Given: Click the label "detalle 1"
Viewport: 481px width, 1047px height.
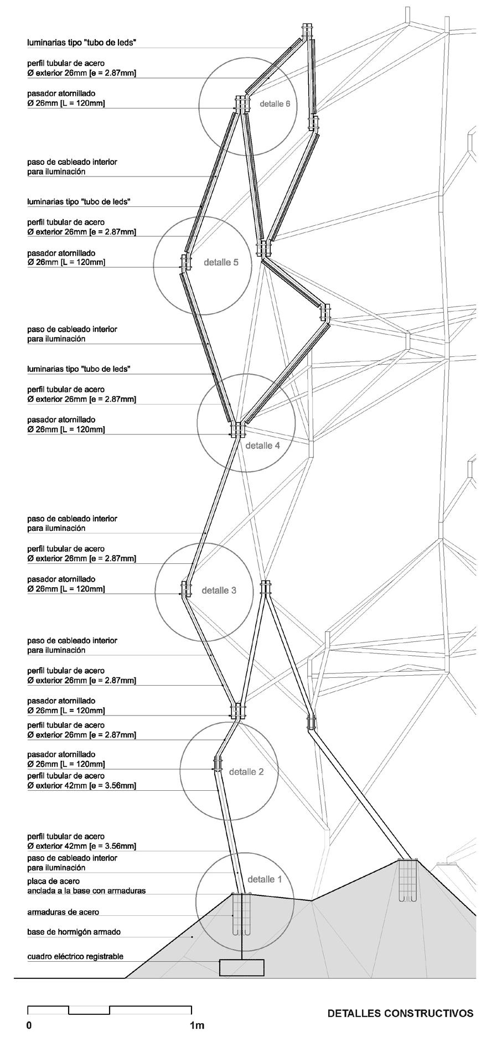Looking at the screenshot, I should (x=264, y=879).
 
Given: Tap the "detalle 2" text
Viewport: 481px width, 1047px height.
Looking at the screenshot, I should (x=246, y=771).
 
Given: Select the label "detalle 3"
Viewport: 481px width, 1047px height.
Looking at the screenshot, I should (x=219, y=590).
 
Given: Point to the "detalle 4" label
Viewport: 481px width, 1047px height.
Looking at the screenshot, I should (x=262, y=445).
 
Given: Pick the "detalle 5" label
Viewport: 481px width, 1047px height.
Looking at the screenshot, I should (x=221, y=262).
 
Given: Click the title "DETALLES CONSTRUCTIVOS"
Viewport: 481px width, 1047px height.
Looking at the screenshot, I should (x=400, y=1013).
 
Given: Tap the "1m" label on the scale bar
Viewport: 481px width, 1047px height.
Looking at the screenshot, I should (x=196, y=1025).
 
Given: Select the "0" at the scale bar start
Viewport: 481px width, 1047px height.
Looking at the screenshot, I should (x=29, y=1025).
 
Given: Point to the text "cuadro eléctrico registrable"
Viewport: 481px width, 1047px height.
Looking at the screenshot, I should (x=75, y=956).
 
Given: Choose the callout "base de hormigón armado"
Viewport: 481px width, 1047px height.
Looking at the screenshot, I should (x=74, y=932).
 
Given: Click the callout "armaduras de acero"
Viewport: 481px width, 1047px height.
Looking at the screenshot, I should (x=63, y=912).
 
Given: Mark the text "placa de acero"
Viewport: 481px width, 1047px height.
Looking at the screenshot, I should (x=55, y=881).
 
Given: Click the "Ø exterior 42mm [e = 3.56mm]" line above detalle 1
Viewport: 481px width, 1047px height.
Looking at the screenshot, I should (x=82, y=846).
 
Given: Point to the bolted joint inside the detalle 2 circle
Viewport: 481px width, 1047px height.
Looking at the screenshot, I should (x=217, y=764).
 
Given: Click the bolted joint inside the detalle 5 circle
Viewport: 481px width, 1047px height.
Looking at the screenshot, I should (x=185, y=263).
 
